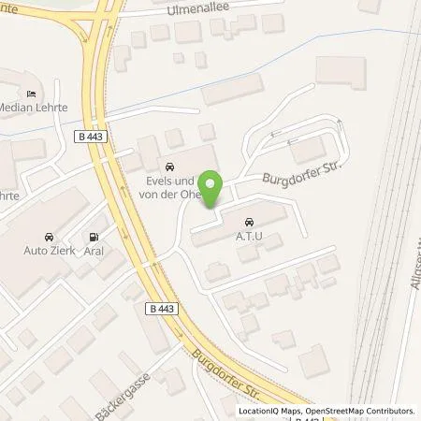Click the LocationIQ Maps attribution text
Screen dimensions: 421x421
(270, 411)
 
